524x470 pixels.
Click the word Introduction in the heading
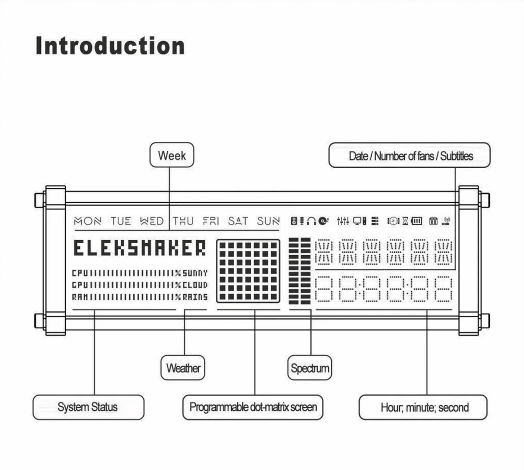coord(110,46)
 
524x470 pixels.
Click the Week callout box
coord(172,155)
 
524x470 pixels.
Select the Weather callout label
coord(183,368)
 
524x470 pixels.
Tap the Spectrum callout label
coord(310,368)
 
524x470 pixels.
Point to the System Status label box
coord(88,407)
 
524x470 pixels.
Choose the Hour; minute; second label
coord(423,407)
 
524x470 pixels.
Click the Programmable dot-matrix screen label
coord(253,407)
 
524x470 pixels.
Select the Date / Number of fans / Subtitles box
coord(410,155)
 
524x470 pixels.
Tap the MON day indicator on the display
coord(87,221)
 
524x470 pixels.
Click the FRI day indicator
coord(211,221)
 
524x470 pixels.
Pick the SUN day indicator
coord(268,221)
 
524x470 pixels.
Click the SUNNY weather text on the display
coord(195,273)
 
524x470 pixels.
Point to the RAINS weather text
coord(195,297)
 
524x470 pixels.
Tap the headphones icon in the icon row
coord(312,221)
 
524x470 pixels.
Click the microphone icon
coord(302,221)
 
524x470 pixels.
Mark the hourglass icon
coord(405,221)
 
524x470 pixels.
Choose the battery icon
coord(416,221)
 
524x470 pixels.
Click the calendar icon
coord(433,221)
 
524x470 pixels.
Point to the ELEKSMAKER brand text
coord(140,248)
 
